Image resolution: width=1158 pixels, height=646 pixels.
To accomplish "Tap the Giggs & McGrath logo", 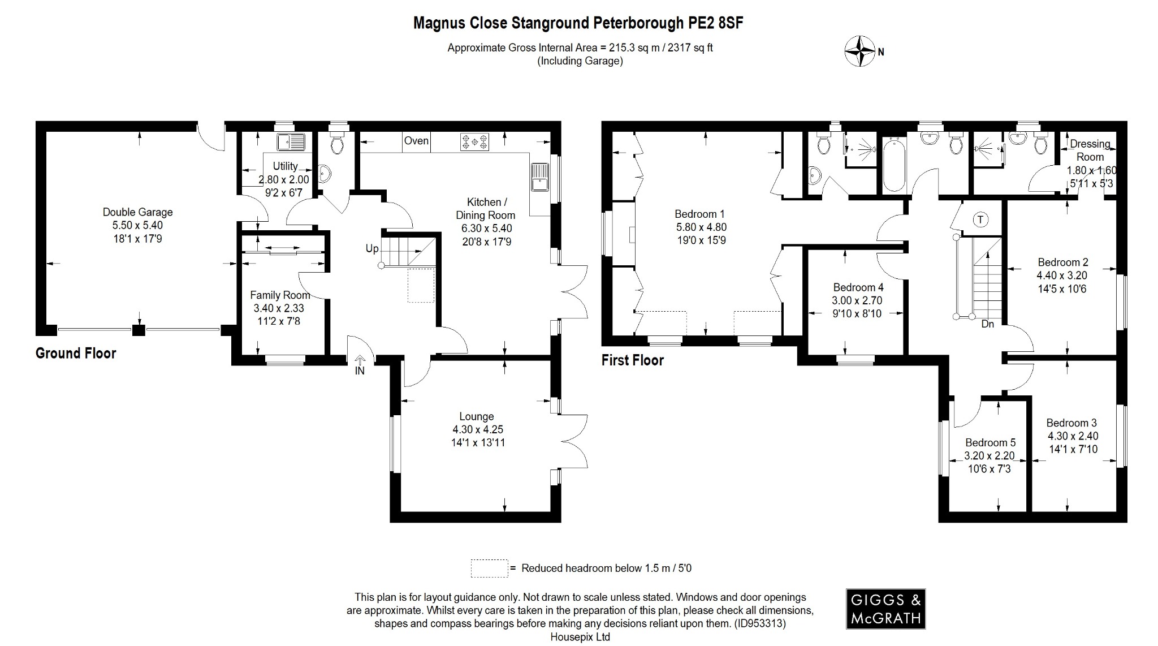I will pyautogui.click(x=885, y=609).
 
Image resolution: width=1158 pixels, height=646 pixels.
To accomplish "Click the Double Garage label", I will pyautogui.click(x=137, y=212).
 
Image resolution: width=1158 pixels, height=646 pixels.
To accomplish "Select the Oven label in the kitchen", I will pyautogui.click(x=416, y=141).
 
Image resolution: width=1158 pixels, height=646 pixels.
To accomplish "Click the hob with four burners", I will pyautogui.click(x=474, y=141).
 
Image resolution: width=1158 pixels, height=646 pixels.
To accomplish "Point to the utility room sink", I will pyautogui.click(x=291, y=141).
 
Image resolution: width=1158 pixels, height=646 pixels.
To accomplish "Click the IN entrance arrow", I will pyautogui.click(x=360, y=365).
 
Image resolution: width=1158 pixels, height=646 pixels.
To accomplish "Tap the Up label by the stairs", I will pyautogui.click(x=371, y=248).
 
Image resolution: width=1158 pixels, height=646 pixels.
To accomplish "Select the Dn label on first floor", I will pyautogui.click(x=987, y=324).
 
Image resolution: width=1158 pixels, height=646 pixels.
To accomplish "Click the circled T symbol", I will pyautogui.click(x=980, y=219).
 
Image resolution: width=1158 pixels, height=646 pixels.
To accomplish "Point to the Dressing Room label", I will pyautogui.click(x=1090, y=150).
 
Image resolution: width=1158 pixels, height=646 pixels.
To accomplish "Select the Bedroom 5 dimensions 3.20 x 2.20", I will pyautogui.click(x=990, y=455).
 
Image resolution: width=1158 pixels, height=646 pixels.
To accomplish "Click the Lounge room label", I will pyautogui.click(x=477, y=416).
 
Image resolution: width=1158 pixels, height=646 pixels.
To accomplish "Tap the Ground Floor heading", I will pyautogui.click(x=76, y=354).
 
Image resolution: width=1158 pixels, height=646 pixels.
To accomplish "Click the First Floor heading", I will pyautogui.click(x=632, y=360).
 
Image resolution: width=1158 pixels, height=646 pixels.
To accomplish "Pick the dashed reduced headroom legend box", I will pyautogui.click(x=489, y=569).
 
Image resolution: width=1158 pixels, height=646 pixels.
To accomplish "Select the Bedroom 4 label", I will pyautogui.click(x=858, y=287).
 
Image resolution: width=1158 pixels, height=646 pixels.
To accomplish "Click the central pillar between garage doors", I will pyautogui.click(x=138, y=330).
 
